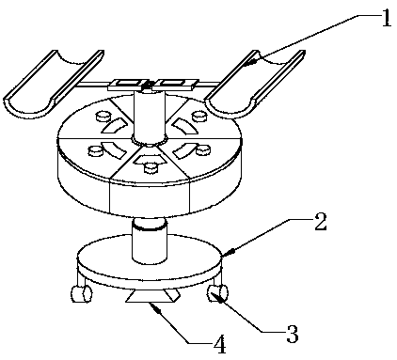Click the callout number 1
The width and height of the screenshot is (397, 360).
point(386,17)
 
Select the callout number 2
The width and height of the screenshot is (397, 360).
point(320,221)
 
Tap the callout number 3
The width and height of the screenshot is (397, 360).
point(293,334)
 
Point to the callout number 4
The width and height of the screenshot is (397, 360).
point(219,344)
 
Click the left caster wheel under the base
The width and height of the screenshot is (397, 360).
point(82,294)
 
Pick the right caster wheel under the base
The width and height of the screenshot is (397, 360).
point(217,293)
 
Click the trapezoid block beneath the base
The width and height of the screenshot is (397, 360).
point(153,296)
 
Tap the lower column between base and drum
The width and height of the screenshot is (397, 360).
point(150,241)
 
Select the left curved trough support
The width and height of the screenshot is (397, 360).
point(54,84)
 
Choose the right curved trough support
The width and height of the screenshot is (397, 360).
point(255,84)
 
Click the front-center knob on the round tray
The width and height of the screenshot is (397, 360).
point(151,168)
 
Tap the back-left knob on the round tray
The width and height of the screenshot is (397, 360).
point(103,117)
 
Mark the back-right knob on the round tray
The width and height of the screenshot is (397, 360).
point(199,117)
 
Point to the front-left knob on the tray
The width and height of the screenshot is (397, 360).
point(96,151)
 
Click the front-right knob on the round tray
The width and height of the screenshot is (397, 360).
point(203,150)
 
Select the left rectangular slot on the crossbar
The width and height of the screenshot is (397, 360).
point(128,84)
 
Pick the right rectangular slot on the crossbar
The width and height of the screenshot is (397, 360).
point(171,84)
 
